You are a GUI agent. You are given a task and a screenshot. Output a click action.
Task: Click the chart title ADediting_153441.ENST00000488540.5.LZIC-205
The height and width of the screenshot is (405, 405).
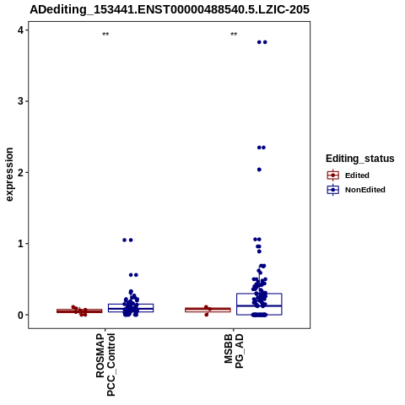coord(170,9)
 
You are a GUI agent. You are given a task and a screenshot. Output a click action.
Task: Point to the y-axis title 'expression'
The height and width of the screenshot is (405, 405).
coord(9,175)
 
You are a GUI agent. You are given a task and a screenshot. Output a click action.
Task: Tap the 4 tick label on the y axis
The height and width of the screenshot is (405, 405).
coord(21,30)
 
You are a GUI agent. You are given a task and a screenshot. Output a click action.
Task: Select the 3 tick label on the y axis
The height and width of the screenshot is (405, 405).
coord(21,101)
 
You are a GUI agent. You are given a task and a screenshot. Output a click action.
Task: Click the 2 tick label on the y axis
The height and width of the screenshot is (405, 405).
coord(21,172)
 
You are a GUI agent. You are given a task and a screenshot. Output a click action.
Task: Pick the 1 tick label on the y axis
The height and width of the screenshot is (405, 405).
coord(21,244)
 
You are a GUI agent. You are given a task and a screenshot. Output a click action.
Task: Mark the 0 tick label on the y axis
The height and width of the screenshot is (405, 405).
coord(21,315)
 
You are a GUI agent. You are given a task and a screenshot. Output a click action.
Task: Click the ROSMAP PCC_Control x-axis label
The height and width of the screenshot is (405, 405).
coord(105,364)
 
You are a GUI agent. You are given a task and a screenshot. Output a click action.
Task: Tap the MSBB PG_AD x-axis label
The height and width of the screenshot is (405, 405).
coord(234,351)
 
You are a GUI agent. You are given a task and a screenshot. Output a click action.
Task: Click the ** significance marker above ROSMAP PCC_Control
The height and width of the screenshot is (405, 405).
coord(105,35)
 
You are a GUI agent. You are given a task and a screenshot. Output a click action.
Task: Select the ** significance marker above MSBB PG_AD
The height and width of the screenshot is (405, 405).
coord(234,35)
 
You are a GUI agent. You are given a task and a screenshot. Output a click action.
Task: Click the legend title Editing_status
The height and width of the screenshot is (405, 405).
coord(360,159)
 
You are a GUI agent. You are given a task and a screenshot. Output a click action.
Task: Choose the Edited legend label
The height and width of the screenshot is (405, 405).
coord(357,175)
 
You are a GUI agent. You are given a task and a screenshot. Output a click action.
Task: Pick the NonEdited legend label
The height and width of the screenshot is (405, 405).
coord(365,190)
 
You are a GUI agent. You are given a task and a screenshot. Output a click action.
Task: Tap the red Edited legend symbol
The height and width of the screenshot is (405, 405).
coord(333,175)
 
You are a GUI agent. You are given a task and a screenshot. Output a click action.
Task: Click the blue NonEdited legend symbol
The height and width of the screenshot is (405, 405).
coord(333,190)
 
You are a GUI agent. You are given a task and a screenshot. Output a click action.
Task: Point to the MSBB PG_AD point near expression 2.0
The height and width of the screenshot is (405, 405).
coord(259,170)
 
